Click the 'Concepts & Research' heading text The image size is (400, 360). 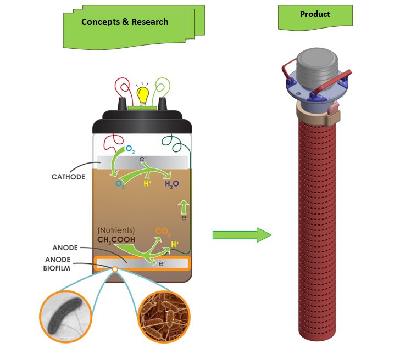coord(125,22)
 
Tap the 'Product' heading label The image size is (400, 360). coord(315,14)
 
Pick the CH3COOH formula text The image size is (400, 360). coord(120,240)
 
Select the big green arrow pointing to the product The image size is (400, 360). coord(242,235)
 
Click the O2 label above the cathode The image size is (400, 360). coord(131,149)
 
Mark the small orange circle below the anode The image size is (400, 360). coord(115,269)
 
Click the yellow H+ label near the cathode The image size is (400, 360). coord(147,183)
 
